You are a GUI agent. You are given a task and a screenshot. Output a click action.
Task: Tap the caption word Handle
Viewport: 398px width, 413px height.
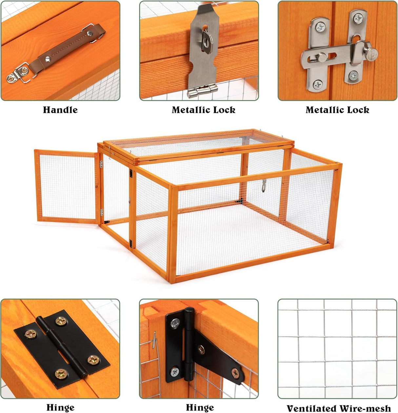pyautogui.click(x=60, y=110)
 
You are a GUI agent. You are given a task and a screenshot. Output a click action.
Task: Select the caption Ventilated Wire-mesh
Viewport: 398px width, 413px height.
pyautogui.click(x=338, y=408)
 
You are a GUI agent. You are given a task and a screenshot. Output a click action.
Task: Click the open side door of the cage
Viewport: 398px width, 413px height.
pyautogui.click(x=67, y=186)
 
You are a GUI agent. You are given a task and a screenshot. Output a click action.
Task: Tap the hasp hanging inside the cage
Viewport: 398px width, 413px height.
pyautogui.click(x=264, y=185)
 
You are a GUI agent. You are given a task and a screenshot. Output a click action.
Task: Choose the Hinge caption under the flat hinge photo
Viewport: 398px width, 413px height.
pyautogui.click(x=60, y=407)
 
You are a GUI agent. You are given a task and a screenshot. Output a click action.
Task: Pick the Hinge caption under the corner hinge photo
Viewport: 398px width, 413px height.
pyautogui.click(x=200, y=407)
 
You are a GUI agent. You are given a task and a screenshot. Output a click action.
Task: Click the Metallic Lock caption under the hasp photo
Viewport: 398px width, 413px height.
pyautogui.click(x=203, y=110)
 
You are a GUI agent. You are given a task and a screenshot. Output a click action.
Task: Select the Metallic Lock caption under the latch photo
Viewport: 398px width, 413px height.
pyautogui.click(x=337, y=110)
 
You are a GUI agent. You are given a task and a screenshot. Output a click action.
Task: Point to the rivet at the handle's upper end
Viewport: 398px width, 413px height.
pyautogui.click(x=89, y=33)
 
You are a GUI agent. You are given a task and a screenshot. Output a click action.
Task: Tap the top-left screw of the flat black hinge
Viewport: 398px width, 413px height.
pyautogui.click(x=61, y=321)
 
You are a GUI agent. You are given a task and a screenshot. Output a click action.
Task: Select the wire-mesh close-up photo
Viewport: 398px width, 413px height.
pyautogui.click(x=337, y=348)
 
